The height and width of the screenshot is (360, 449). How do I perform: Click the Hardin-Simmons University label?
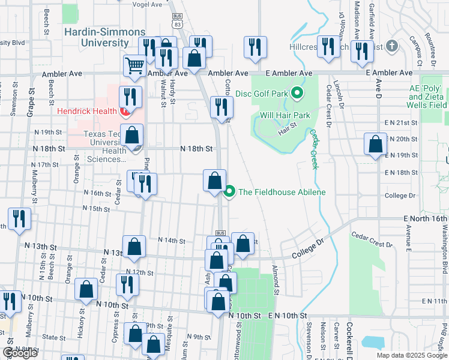click(x=97, y=37)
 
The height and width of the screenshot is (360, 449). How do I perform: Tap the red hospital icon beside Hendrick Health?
click(x=125, y=112)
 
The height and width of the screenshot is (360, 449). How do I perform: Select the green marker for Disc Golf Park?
click(x=297, y=93)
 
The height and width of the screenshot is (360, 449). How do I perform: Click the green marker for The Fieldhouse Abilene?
click(x=229, y=192)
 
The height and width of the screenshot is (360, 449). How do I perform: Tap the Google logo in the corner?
click(x=20, y=353)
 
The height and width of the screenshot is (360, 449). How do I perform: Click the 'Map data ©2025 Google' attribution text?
click(x=412, y=355)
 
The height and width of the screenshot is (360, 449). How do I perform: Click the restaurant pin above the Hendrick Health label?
click(x=130, y=96)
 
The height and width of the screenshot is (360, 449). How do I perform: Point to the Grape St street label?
click(x=31, y=103)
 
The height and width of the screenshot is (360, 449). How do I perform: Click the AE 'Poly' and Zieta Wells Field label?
click(x=428, y=97)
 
